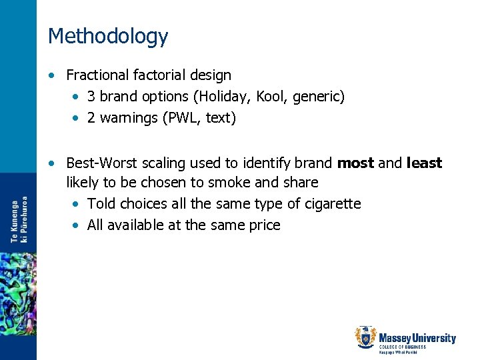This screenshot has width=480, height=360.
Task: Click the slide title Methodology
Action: (108, 36)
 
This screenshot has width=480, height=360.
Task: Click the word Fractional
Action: (95, 75)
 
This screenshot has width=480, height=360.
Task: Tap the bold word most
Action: (356, 163)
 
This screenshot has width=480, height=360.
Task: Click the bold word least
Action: (424, 163)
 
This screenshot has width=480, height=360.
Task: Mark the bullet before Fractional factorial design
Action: (53, 76)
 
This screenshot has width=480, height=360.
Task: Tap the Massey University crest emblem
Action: (365, 337)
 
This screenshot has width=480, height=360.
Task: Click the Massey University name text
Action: (417, 339)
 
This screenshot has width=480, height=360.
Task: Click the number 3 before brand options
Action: (91, 97)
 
